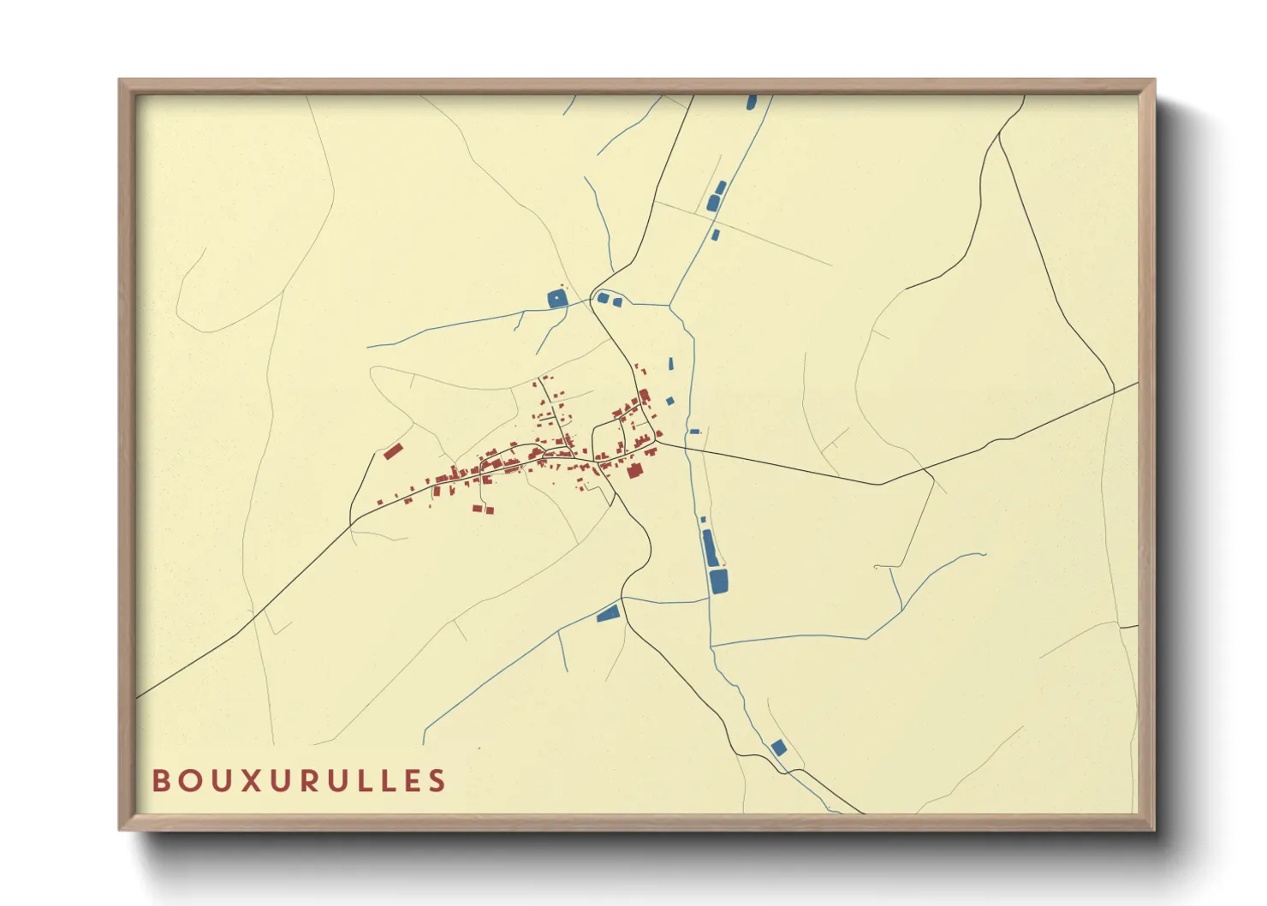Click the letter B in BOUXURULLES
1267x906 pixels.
pos(160,781)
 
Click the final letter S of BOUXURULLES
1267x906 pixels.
pos(437,781)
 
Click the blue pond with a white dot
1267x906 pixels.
pos(557,299)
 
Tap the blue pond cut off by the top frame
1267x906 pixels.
pos(752,102)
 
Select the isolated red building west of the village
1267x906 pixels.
pos(392,451)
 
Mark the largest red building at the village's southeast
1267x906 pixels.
pos(634,470)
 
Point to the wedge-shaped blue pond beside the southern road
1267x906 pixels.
pos(608,613)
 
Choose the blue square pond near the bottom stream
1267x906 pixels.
pos(778,748)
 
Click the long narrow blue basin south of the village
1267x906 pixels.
pos(708,548)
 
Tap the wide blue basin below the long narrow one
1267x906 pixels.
pos(718,581)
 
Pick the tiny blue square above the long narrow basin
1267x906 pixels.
pos(703,520)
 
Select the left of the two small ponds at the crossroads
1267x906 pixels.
pos(603,298)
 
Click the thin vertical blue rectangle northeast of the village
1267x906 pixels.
pos(672,364)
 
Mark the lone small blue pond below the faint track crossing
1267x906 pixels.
pos(716,235)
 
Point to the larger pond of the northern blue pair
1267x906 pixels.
pos(713,203)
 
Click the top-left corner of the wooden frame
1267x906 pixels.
pos(120,80)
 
